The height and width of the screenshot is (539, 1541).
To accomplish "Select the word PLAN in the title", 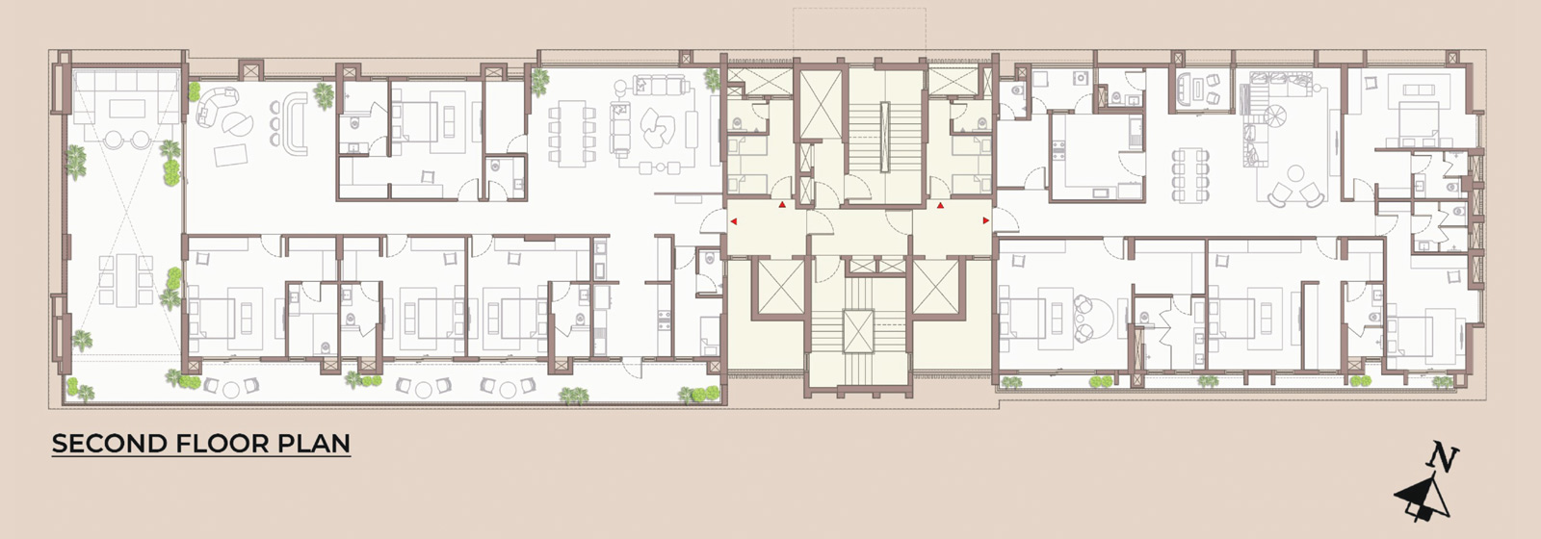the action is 314,444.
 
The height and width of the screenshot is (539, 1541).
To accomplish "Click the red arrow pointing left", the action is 733,221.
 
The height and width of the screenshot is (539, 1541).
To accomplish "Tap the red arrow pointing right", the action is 986,220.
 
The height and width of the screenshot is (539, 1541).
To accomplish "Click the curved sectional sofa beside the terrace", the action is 215,107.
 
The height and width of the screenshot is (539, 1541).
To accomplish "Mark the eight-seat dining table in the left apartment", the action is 571,134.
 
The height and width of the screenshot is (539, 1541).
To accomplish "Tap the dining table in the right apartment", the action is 1190,176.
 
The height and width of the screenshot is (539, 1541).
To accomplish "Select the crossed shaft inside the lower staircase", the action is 858,331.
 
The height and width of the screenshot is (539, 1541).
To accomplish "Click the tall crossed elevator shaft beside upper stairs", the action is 821,105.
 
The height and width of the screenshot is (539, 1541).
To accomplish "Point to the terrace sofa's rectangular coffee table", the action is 126,109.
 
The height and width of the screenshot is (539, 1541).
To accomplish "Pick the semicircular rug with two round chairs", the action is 1094,317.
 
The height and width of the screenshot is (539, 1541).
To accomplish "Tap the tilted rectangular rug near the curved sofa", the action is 230,155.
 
